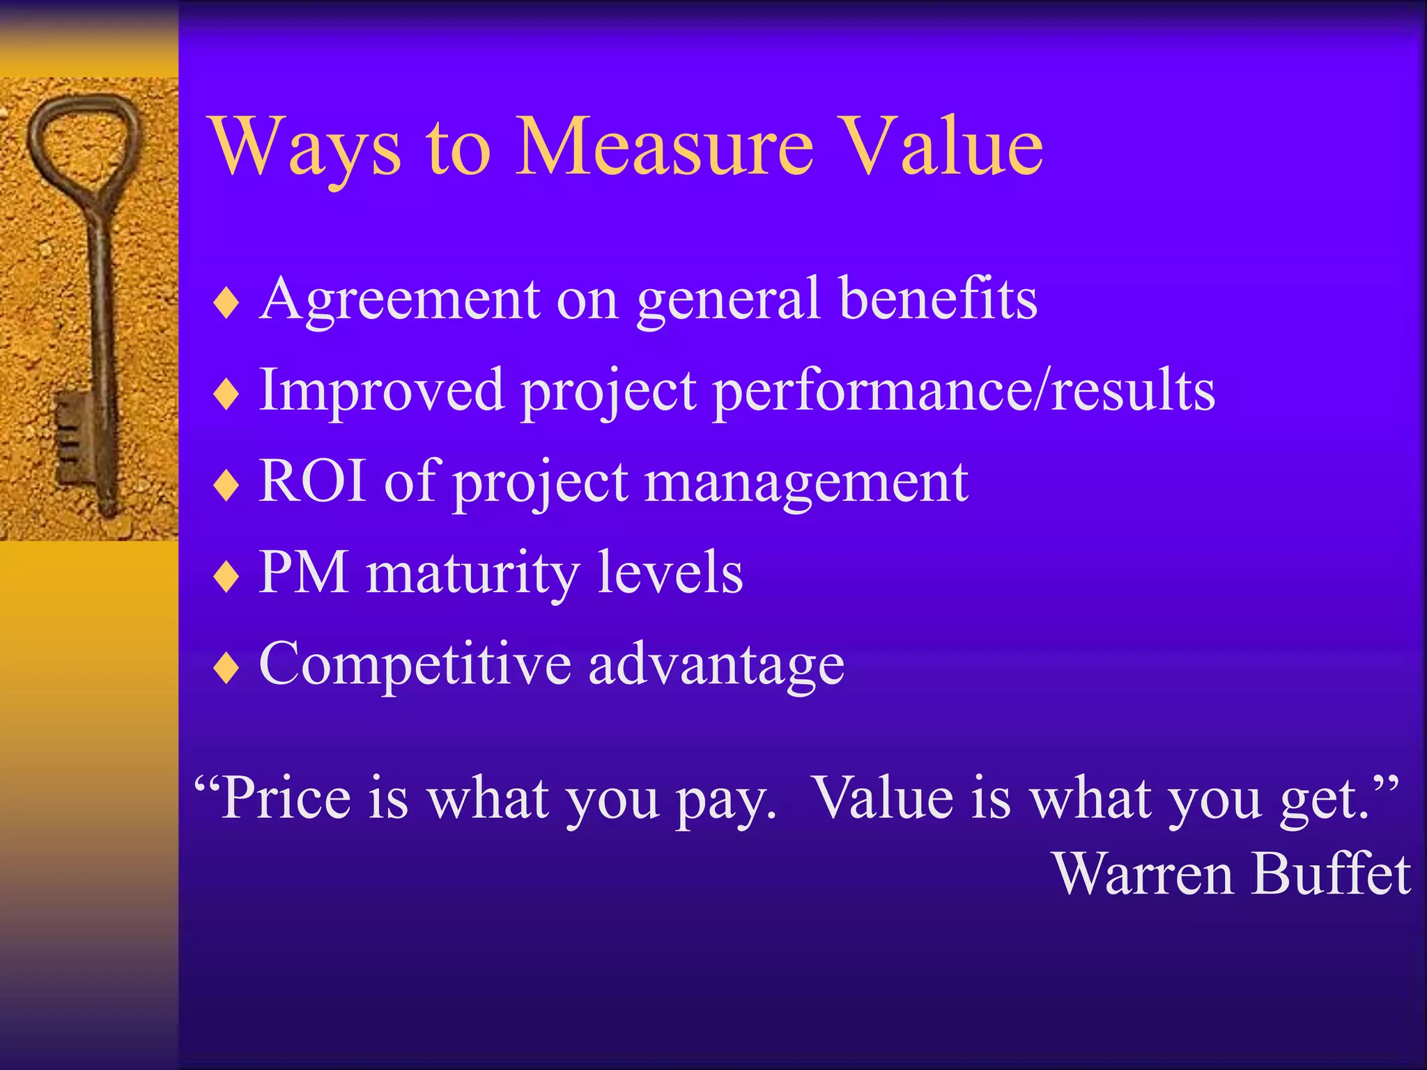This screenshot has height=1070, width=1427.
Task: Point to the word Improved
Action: (x=381, y=391)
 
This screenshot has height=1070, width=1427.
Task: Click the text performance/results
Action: (x=964, y=391)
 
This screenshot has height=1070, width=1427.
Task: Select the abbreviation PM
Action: (x=303, y=573)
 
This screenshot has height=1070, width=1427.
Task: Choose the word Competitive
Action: (x=415, y=664)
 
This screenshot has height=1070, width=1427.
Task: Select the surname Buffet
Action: (x=1330, y=874)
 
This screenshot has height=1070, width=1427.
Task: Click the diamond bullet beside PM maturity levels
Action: (x=226, y=577)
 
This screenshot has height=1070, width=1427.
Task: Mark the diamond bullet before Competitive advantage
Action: (x=226, y=668)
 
